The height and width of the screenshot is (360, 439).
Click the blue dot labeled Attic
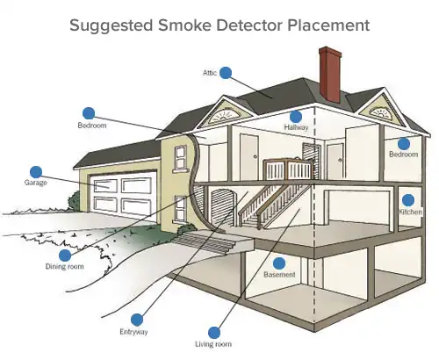tap(226, 72)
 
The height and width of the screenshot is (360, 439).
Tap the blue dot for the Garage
tap(36, 171)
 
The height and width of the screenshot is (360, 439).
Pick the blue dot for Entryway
tap(136, 320)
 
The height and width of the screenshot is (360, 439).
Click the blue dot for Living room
tap(211, 330)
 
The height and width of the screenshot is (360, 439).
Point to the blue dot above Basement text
tap(279, 263)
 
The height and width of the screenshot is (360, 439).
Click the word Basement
tap(279, 276)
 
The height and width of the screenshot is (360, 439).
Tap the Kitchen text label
tap(410, 212)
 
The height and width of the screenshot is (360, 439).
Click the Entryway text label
tap(134, 333)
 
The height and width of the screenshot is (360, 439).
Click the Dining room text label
tap(64, 265)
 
